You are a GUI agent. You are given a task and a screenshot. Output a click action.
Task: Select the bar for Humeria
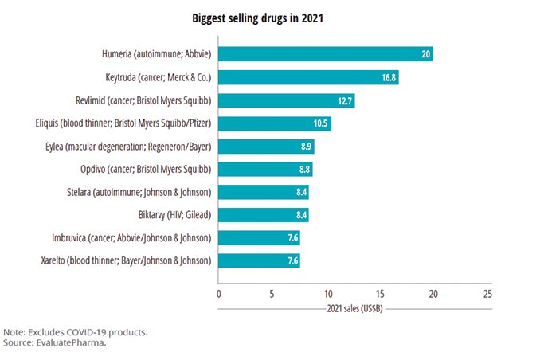pos(325,54)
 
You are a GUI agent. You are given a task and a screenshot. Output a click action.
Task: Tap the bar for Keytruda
pos(307,77)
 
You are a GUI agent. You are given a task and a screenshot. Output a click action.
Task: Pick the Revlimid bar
pos(286,100)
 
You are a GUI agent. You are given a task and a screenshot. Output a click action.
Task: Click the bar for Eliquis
pos(274,123)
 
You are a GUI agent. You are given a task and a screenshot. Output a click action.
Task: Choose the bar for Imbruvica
pos(259,238)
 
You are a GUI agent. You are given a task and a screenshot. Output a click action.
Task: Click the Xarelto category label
pos(125,260)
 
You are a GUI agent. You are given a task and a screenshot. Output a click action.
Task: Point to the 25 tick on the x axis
pos(488,292)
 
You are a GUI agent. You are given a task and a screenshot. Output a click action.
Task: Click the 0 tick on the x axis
pos(219,292)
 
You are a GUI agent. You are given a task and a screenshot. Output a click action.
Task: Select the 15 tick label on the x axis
pos(381,292)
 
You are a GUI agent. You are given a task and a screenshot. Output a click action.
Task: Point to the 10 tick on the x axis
pos(327,292)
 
